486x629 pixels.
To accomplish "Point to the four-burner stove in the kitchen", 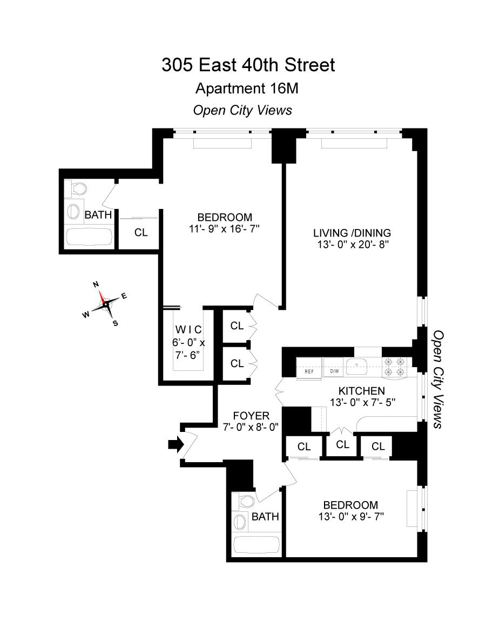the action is click(x=394, y=367).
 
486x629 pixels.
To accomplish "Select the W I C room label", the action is click(x=187, y=329).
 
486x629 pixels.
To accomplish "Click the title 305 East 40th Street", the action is click(x=248, y=65).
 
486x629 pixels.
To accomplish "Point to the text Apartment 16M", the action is click(x=247, y=88).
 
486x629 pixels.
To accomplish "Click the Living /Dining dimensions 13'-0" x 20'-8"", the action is click(x=352, y=244).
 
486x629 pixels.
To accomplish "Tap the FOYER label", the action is click(x=251, y=416).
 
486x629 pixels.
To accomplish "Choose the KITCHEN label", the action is click(x=361, y=391).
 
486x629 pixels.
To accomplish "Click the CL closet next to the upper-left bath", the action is click(x=141, y=233).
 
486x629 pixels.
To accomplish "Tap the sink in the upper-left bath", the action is click(x=72, y=210).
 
